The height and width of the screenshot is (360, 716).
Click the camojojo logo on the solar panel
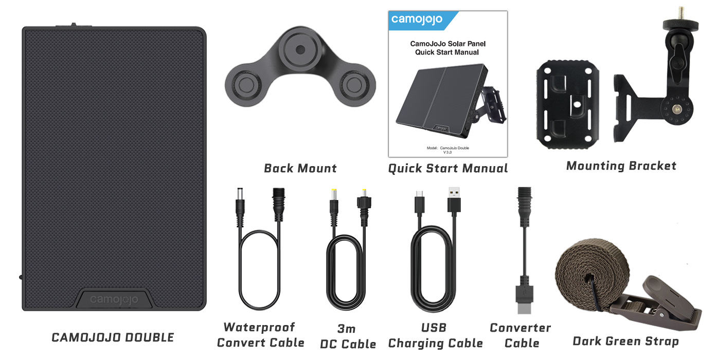point(114,299)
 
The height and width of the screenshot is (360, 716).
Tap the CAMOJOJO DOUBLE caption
point(113,338)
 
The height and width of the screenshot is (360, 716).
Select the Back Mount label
point(300,168)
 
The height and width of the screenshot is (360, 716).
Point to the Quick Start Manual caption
point(447,168)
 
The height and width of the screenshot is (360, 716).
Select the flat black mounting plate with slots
point(567,103)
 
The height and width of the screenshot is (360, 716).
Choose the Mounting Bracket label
point(621,166)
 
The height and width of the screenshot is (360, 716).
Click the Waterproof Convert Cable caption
point(260,335)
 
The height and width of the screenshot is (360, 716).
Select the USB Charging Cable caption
point(435,335)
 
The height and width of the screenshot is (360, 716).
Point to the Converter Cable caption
point(520,335)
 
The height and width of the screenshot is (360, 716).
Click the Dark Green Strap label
point(625,341)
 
